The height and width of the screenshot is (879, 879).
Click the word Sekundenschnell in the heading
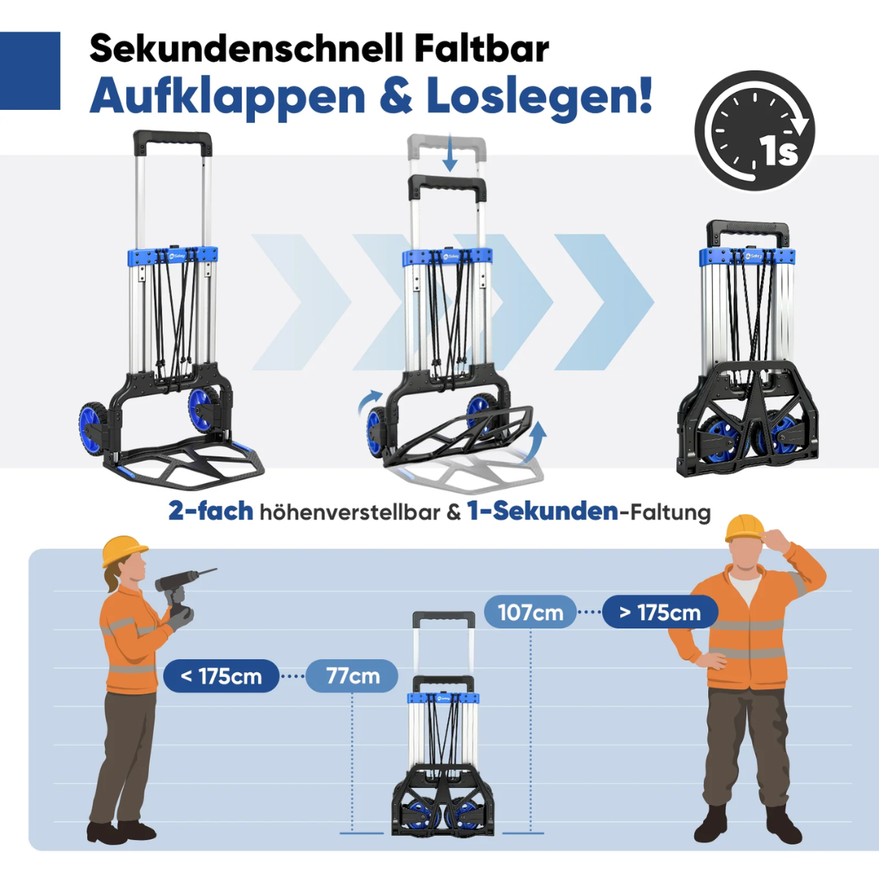coord(247,48)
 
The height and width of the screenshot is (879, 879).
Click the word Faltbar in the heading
coord(482,48)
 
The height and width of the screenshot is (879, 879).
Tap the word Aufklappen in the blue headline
coord(227,96)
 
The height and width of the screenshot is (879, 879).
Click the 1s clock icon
coord(754,130)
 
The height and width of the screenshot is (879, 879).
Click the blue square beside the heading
coord(30,71)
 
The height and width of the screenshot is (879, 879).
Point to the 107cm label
coord(531,612)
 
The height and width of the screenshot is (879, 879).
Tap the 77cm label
coord(352,676)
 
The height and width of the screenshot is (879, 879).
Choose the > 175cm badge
coord(660,612)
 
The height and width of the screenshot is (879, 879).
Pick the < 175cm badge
coord(221,676)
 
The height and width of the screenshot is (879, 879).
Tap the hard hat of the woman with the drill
coord(124,550)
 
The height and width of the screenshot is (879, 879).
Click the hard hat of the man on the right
coord(745,529)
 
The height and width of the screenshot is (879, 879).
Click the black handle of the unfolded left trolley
coord(173,140)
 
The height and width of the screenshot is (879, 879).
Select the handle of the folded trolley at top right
coord(747,231)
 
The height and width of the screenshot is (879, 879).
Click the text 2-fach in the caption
coord(211,511)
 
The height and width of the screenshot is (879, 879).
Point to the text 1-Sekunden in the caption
coord(543,511)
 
